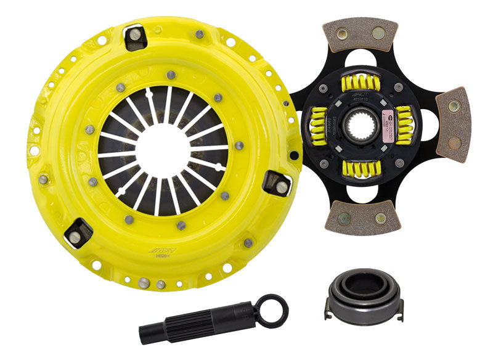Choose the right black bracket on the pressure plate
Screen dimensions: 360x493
click(277, 183)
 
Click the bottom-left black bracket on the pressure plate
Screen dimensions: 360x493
click(78, 233)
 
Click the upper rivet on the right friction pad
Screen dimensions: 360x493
click(454, 106)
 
